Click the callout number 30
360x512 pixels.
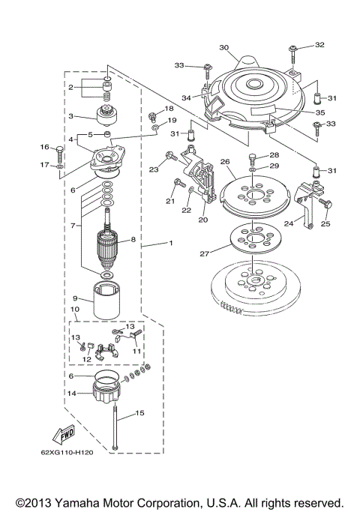pyautogui.click(x=223, y=47)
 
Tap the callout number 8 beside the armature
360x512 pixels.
pyautogui.click(x=135, y=241)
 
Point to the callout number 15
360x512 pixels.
pyautogui.click(x=139, y=412)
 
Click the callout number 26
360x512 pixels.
pyautogui.click(x=224, y=161)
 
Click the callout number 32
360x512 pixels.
pyautogui.click(x=320, y=45)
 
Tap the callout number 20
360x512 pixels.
pyautogui.click(x=202, y=220)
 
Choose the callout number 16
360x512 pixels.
pyautogui.click(x=44, y=147)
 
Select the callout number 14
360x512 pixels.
pyautogui.click(x=72, y=392)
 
